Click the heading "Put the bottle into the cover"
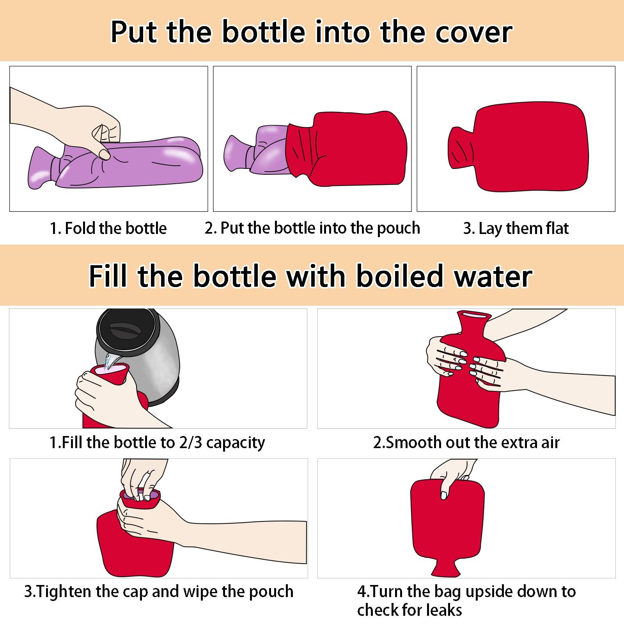point(311,32)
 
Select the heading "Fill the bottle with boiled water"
point(311,276)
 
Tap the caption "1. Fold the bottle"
point(108,228)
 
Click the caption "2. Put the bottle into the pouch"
point(312,228)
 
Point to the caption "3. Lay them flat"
point(516,229)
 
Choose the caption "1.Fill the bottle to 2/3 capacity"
point(157,443)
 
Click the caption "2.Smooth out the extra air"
point(466,443)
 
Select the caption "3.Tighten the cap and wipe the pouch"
point(159,592)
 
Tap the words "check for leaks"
point(409,610)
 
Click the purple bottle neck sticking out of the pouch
point(238,152)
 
